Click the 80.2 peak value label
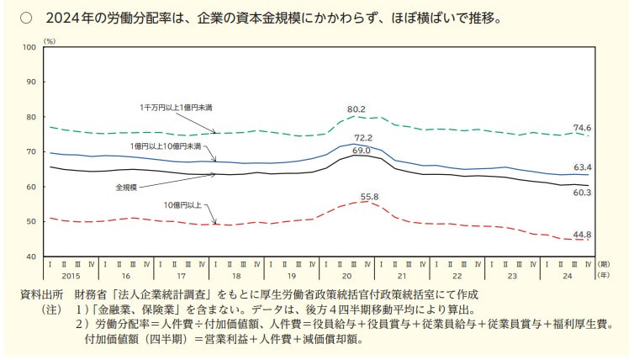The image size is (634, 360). coord(357,109)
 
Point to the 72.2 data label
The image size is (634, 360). coord(362,137)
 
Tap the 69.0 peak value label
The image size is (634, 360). coord(361,151)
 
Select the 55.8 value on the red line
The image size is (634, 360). coord(370,197)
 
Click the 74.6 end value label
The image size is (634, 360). coord(583,128)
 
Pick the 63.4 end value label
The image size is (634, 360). coord(583,167)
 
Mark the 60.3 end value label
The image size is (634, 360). coord(583,193)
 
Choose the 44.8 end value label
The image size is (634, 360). coord(583,235)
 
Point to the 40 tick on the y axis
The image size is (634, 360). coord(32,256)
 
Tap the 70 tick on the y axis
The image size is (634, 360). coord(32,151)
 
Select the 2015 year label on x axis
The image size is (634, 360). coord(71,275)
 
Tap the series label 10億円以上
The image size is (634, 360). coord(182,204)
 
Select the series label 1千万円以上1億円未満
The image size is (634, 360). coord(175,109)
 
